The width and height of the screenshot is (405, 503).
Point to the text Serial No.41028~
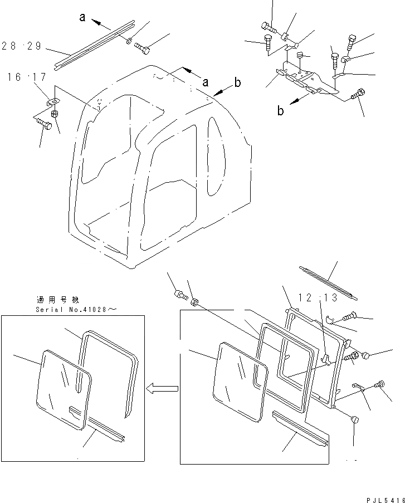click(x=72, y=309)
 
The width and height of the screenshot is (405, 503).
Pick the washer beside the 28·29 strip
click(x=129, y=41)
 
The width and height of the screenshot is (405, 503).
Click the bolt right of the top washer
click(x=142, y=49)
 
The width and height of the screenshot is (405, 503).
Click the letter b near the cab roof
click(x=237, y=84)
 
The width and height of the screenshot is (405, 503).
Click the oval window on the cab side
click(x=215, y=158)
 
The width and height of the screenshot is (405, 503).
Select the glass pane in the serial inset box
click(x=61, y=387)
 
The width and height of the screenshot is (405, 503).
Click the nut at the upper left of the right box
click(x=194, y=303)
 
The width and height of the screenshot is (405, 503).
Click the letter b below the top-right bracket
click(x=281, y=111)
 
